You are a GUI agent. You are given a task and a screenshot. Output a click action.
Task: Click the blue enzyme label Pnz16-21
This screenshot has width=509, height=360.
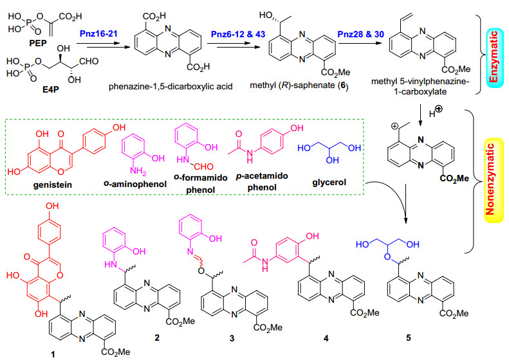98,33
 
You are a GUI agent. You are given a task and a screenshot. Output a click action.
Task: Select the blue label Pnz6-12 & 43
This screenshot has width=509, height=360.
238,34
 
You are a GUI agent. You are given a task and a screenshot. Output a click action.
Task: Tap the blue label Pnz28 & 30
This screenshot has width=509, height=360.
361,34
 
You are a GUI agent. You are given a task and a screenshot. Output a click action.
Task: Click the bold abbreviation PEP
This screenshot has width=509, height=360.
38,43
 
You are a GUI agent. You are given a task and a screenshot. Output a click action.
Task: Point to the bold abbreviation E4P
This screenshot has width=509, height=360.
51,89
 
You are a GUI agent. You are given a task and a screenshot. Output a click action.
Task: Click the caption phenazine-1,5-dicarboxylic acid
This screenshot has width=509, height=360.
171,87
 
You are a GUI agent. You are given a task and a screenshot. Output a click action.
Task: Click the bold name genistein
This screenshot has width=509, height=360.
53,185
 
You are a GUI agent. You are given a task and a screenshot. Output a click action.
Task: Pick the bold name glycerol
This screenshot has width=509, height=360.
329,183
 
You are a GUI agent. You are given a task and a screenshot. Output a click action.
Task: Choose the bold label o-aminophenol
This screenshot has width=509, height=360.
135,184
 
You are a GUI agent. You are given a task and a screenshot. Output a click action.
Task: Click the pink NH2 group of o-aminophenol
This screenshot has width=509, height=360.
138,171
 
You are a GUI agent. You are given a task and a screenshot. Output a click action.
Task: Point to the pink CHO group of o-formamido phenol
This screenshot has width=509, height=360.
204,166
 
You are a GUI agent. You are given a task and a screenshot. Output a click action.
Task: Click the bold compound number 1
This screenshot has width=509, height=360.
53,354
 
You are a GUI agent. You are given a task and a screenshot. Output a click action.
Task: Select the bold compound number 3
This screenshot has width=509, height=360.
232,339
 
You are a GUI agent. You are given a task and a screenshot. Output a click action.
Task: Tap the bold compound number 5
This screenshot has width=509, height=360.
409,337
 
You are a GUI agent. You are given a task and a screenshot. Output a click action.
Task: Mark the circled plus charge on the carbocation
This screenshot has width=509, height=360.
395,127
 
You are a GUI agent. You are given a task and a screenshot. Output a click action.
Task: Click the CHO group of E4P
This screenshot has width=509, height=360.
89,61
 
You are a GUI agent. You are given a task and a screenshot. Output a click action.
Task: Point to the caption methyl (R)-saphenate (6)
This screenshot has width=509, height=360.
299,85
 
